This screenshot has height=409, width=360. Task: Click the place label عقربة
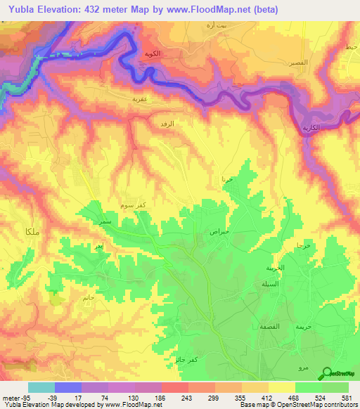pos(139,100)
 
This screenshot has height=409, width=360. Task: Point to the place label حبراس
pos(219,231)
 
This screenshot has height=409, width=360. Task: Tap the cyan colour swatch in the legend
pos(41,387)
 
